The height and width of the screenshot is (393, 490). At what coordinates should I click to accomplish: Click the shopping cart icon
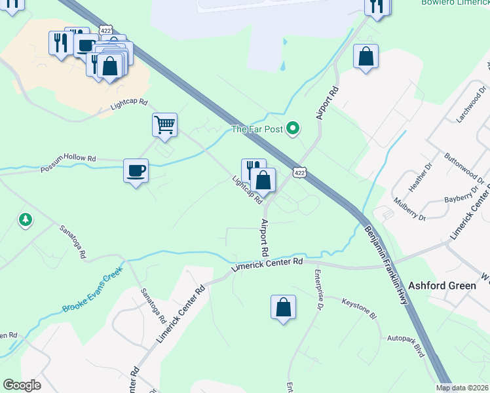[165, 124]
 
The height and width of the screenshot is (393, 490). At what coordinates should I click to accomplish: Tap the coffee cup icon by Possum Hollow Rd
[136, 171]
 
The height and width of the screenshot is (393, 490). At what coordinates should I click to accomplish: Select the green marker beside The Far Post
[293, 129]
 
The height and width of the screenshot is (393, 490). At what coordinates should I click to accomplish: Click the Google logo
[22, 385]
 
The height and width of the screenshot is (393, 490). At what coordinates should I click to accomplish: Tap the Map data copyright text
[462, 388]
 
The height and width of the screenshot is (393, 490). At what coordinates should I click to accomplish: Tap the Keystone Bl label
[360, 308]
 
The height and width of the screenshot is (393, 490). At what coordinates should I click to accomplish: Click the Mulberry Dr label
[409, 209]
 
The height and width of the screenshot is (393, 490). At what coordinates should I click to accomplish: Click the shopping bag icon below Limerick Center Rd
[283, 307]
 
